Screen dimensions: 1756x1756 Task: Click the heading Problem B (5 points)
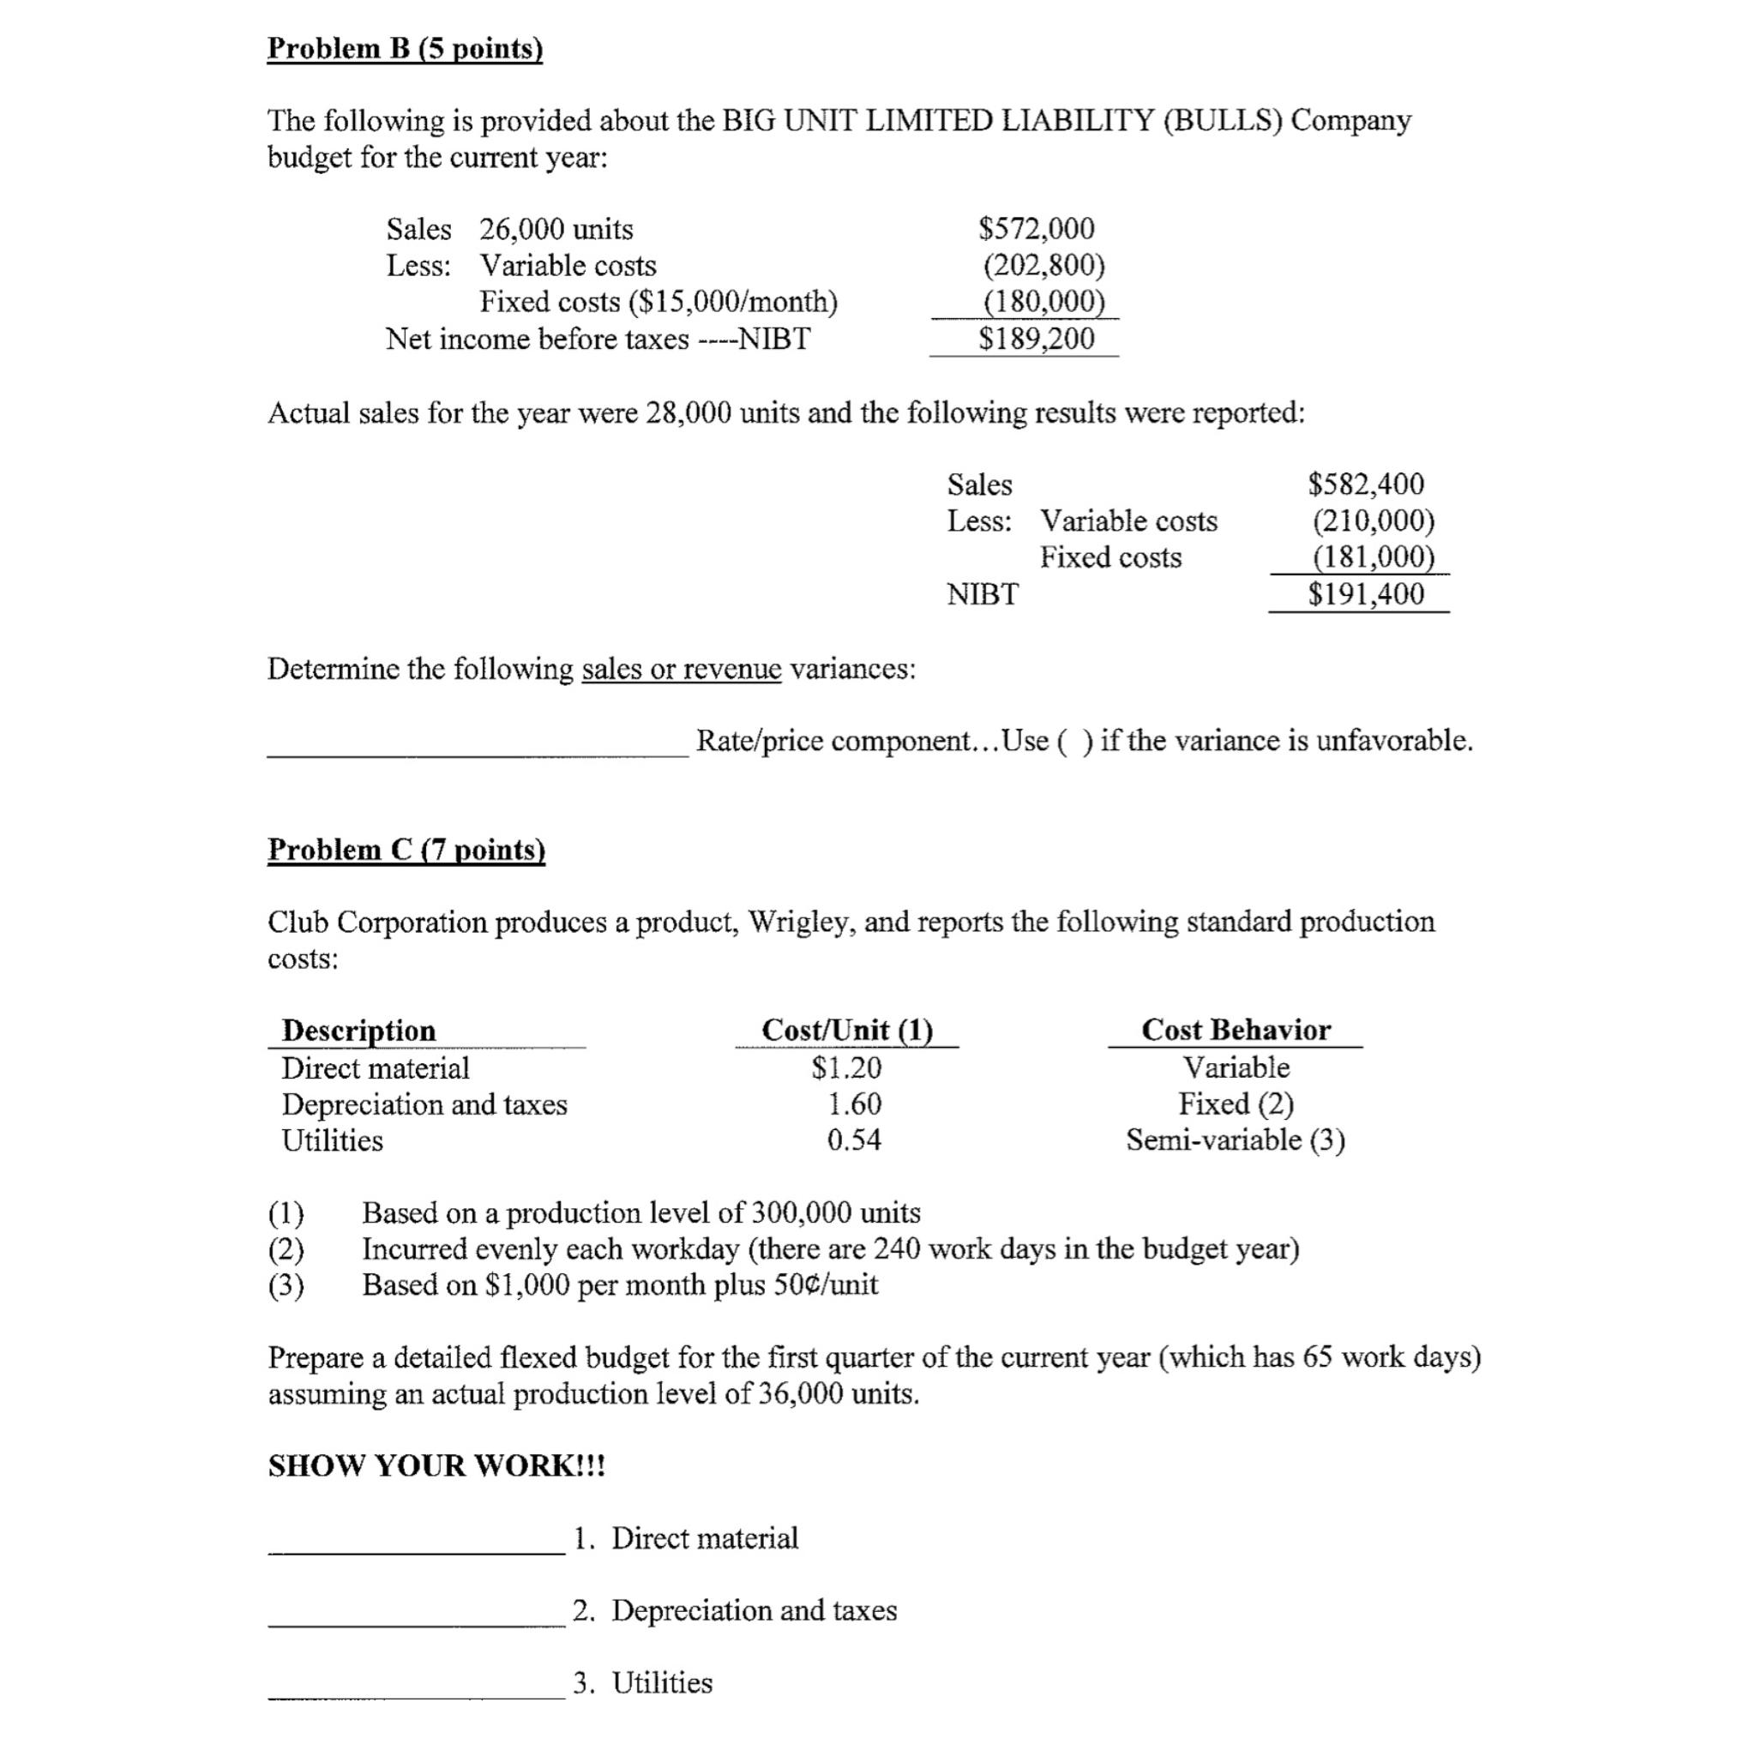(x=405, y=48)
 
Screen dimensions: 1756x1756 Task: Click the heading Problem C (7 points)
(x=406, y=849)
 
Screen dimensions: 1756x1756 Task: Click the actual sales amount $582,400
(x=1366, y=484)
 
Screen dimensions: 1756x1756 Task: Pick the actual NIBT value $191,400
(x=1366, y=594)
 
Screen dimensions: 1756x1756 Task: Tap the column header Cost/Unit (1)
(x=847, y=1030)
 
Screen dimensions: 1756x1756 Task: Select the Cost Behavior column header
(x=1236, y=1030)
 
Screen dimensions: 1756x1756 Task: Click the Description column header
(x=359, y=1031)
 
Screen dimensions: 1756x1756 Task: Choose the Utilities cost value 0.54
(x=853, y=1140)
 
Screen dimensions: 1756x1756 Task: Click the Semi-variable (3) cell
(x=1236, y=1140)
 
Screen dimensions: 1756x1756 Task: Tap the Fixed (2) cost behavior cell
(x=1236, y=1104)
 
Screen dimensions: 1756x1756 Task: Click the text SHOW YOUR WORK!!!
(x=436, y=1466)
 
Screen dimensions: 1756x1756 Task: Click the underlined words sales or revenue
(x=681, y=669)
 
